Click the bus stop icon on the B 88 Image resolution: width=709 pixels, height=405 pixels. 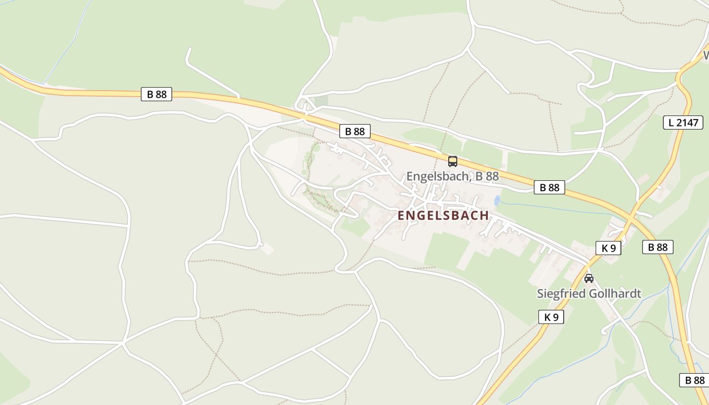pos(452,161)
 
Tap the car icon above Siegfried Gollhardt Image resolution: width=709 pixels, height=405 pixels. pos(588,278)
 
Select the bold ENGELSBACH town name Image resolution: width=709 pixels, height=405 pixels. pos(443,215)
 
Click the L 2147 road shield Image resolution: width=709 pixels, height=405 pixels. pos(683,123)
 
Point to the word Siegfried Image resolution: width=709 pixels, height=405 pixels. pos(560,294)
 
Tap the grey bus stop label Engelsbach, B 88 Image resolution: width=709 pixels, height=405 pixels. pos(452,176)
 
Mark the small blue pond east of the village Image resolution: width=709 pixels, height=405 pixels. pos(497,200)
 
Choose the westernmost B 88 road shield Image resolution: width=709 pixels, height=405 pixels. pos(156,94)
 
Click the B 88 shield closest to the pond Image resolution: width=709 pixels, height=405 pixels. pos(549,187)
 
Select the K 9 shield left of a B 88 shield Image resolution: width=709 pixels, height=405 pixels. pos(608,248)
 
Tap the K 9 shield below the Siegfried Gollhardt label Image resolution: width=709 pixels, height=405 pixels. pos(551,317)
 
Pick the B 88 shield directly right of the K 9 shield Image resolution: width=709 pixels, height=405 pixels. pos(658,247)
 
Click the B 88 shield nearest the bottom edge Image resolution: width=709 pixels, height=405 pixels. pos(694,380)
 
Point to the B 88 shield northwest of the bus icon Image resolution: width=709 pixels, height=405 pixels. pos(354,132)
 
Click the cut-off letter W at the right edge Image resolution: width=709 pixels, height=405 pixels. pos(705,55)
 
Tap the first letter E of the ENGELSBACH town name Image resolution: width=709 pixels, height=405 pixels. pos(401,215)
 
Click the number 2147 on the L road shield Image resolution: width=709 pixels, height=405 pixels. pos(687,123)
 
